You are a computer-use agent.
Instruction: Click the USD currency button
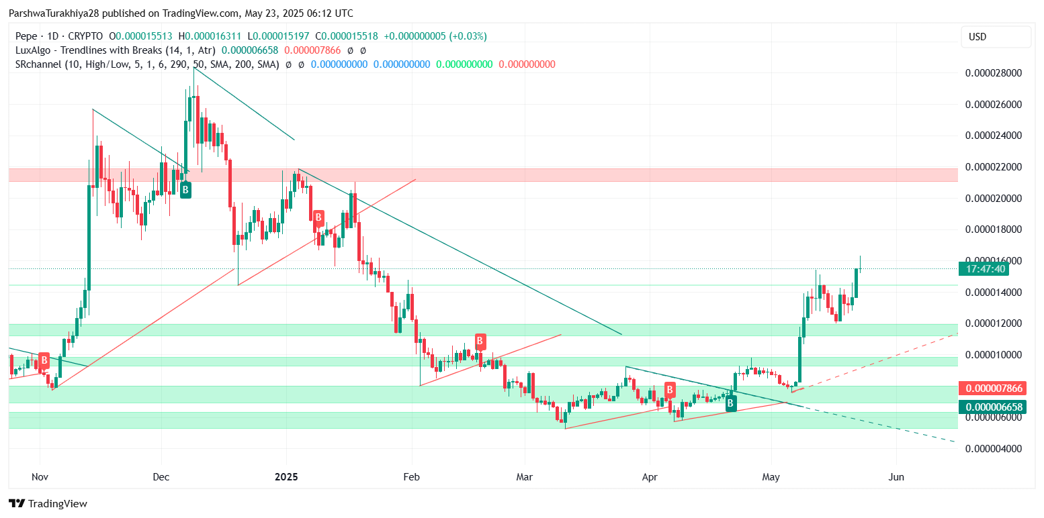[996, 37]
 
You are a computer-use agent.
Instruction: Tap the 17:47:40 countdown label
[986, 269]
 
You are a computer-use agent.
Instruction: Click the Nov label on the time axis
[40, 477]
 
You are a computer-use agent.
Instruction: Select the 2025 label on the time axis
[286, 477]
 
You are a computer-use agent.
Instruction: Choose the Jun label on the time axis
[896, 477]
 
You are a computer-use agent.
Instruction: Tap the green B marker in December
[185, 191]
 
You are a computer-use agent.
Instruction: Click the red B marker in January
[318, 217]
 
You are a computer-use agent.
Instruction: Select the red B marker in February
[480, 341]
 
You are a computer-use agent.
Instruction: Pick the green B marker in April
[730, 403]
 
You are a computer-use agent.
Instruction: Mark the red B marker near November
[44, 360]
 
